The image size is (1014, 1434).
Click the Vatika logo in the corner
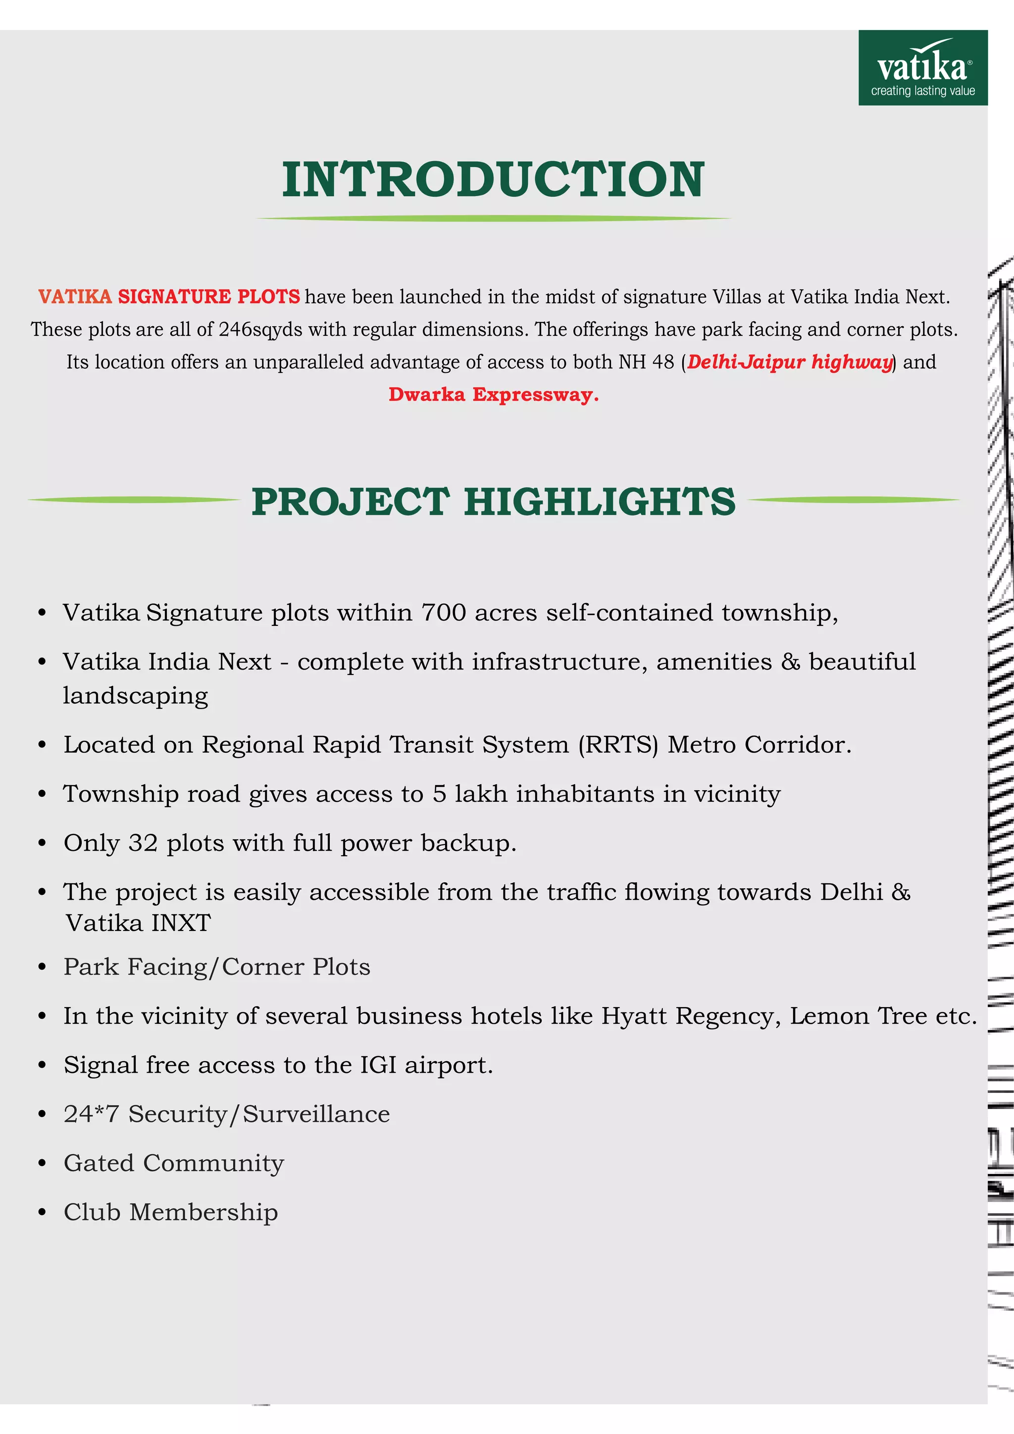(x=922, y=67)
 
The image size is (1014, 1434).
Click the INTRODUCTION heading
(x=493, y=180)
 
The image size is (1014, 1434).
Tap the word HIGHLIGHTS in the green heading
(x=600, y=502)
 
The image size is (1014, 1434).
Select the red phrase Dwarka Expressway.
(x=493, y=395)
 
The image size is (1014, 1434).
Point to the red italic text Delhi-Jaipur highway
(x=789, y=362)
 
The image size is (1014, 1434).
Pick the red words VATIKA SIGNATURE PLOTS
(x=168, y=297)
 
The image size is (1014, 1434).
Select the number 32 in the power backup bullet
(x=143, y=843)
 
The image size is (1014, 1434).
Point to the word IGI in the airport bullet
(x=378, y=1065)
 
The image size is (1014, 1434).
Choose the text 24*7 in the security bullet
(x=91, y=1114)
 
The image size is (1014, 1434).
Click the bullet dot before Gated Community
(x=42, y=1164)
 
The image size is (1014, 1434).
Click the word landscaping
(x=135, y=696)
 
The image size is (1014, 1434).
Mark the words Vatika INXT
(x=139, y=923)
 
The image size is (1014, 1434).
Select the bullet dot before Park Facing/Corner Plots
(x=42, y=968)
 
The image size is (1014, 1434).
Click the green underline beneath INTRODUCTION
(x=493, y=218)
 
